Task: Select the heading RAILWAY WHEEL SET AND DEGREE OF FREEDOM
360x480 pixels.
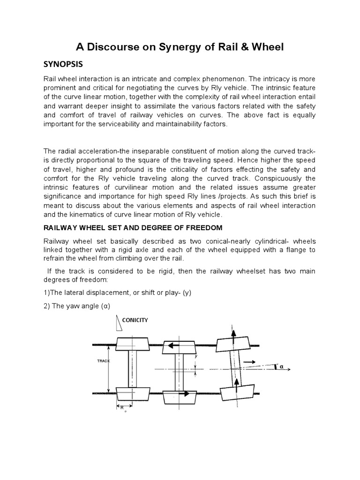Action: click(x=139, y=228)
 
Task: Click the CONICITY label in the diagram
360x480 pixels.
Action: click(x=135, y=320)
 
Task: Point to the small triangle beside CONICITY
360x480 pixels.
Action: click(x=116, y=322)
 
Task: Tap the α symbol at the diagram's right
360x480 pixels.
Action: click(x=282, y=367)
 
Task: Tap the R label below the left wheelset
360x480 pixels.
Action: click(x=122, y=408)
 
